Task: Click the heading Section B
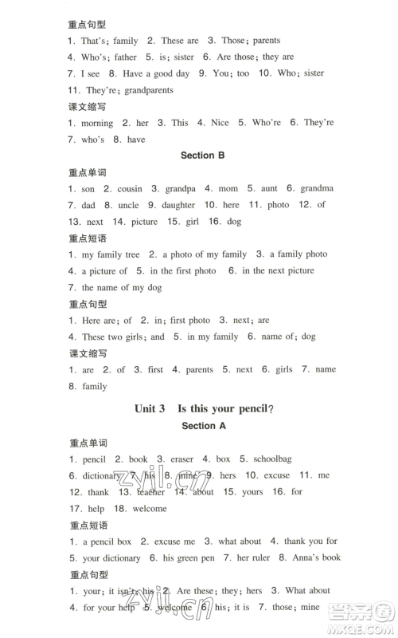204,156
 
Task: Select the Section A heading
205,426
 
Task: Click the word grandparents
149,90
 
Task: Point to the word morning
97,123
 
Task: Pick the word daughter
178,205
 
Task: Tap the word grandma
317,188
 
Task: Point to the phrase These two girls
112,337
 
